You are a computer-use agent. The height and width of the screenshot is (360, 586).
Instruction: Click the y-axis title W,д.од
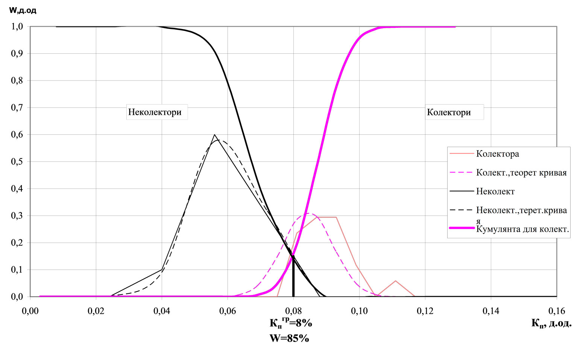click(x=23, y=10)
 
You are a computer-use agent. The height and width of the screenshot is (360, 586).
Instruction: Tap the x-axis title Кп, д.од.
click(x=551, y=323)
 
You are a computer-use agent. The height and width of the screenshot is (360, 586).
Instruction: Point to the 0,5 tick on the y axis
click(x=18, y=162)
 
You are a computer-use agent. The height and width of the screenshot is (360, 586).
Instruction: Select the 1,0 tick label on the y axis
click(x=18, y=27)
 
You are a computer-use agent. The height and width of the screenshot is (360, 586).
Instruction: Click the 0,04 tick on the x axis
click(x=162, y=311)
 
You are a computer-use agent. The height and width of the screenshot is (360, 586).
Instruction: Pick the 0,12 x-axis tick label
click(x=425, y=311)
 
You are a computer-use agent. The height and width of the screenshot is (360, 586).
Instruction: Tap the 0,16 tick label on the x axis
click(x=557, y=311)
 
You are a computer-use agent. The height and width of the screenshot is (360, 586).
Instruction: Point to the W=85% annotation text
click(x=289, y=338)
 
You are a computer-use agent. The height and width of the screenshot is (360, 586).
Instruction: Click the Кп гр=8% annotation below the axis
click(x=291, y=323)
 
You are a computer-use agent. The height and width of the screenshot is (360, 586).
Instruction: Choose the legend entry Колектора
click(x=497, y=154)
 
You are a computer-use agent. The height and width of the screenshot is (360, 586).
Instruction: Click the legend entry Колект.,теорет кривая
click(x=521, y=173)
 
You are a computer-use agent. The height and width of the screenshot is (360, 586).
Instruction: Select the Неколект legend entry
click(x=495, y=191)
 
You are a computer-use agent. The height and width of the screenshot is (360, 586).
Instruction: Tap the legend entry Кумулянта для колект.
click(x=522, y=229)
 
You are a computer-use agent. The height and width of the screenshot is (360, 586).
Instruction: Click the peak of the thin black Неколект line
click(x=214, y=135)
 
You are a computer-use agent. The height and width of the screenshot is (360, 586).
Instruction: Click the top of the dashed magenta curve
click(x=308, y=213)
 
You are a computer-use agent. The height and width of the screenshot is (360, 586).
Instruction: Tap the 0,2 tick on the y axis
click(x=18, y=243)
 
